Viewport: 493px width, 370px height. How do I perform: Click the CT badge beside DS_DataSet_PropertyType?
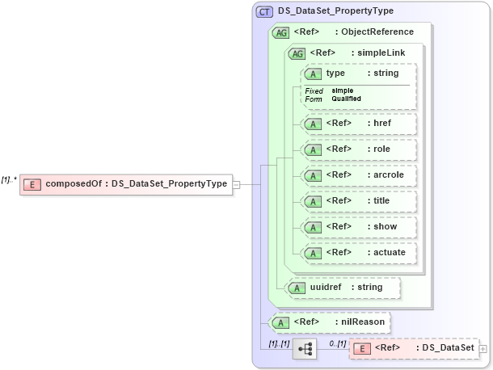pyautogui.click(x=265, y=12)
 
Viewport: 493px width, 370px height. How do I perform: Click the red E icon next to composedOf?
pyautogui.click(x=32, y=184)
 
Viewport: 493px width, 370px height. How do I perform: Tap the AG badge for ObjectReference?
pyautogui.click(x=281, y=32)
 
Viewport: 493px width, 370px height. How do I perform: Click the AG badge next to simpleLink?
pyautogui.click(x=297, y=53)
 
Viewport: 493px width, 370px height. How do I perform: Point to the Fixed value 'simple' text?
pyautogui.click(x=343, y=90)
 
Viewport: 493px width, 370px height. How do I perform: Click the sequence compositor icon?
pyautogui.click(x=305, y=348)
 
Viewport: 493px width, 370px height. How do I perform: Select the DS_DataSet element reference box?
pyautogui.click(x=414, y=348)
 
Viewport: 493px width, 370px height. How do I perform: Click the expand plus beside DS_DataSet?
pyautogui.click(x=483, y=349)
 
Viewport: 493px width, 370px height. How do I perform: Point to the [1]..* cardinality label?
pyautogui.click(x=9, y=179)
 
